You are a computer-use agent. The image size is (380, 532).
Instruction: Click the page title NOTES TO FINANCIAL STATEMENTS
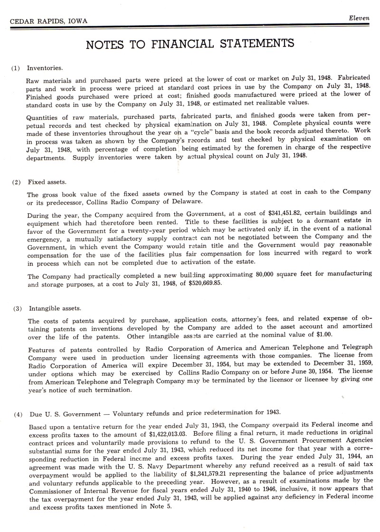pos(190,44)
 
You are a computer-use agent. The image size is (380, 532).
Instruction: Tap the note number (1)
pos(16,68)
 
